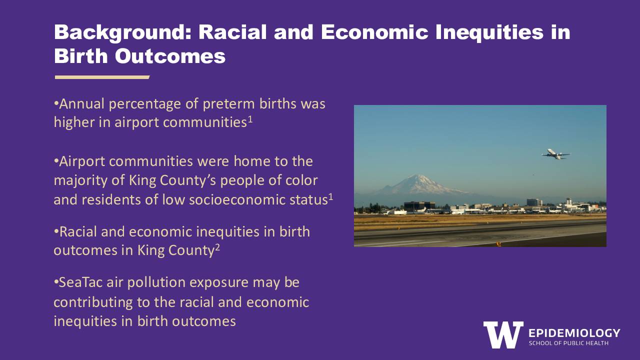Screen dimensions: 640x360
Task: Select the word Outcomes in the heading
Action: click(170, 56)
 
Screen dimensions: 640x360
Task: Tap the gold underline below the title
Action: click(102, 77)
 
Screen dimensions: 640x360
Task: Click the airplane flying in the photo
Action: click(555, 154)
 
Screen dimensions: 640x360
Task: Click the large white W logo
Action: click(503, 334)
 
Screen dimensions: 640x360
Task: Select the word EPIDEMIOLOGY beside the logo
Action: click(574, 333)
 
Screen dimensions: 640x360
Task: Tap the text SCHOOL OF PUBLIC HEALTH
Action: click(568, 343)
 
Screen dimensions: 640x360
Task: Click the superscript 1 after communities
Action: click(250, 119)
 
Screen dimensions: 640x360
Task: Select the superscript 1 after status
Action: click(330, 196)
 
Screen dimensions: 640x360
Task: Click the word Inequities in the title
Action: click(489, 33)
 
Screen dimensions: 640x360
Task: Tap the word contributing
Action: click(93, 303)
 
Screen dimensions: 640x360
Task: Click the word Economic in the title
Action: click(374, 32)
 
